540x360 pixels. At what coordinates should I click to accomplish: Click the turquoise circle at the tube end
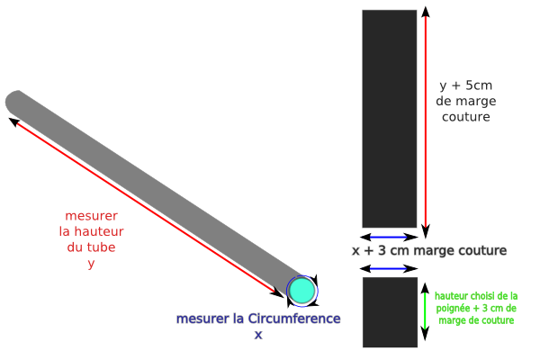click(x=302, y=290)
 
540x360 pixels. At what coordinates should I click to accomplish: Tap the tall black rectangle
click(x=390, y=117)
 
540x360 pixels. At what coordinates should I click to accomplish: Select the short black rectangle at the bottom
click(x=390, y=311)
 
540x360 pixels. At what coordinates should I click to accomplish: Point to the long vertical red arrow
click(x=425, y=117)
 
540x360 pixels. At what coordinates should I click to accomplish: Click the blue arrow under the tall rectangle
click(x=389, y=237)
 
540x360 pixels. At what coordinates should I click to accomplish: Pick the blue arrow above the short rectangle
click(x=389, y=269)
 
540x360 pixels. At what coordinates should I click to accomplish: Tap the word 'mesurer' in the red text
click(x=91, y=217)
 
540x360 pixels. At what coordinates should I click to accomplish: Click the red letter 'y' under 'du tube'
click(x=91, y=263)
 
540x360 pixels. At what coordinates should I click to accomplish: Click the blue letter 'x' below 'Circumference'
click(x=258, y=334)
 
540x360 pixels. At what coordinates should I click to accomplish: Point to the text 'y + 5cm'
click(x=465, y=85)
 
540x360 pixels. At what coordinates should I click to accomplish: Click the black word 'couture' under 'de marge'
click(x=466, y=117)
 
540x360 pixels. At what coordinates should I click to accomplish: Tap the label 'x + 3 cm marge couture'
click(x=428, y=250)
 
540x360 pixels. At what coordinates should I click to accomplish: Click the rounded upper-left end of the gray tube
click(x=17, y=102)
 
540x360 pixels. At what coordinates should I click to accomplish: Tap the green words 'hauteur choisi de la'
click(x=475, y=295)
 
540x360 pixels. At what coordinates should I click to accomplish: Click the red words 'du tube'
click(x=91, y=247)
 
